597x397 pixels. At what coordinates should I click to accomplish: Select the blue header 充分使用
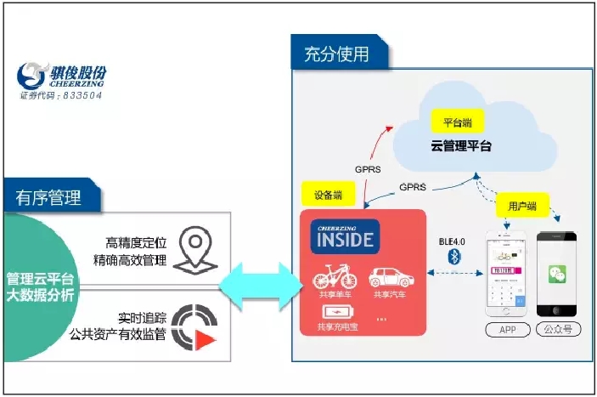[x=336, y=55]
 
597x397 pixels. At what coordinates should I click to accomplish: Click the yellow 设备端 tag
[x=328, y=195]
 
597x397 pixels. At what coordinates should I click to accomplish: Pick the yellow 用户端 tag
[x=521, y=206]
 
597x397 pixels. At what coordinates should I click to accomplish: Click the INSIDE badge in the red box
[x=346, y=237]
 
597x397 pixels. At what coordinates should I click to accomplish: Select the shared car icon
[x=388, y=277]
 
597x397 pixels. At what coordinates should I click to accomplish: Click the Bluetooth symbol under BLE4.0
[x=454, y=257]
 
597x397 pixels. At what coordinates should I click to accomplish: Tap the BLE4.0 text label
[x=453, y=241]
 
